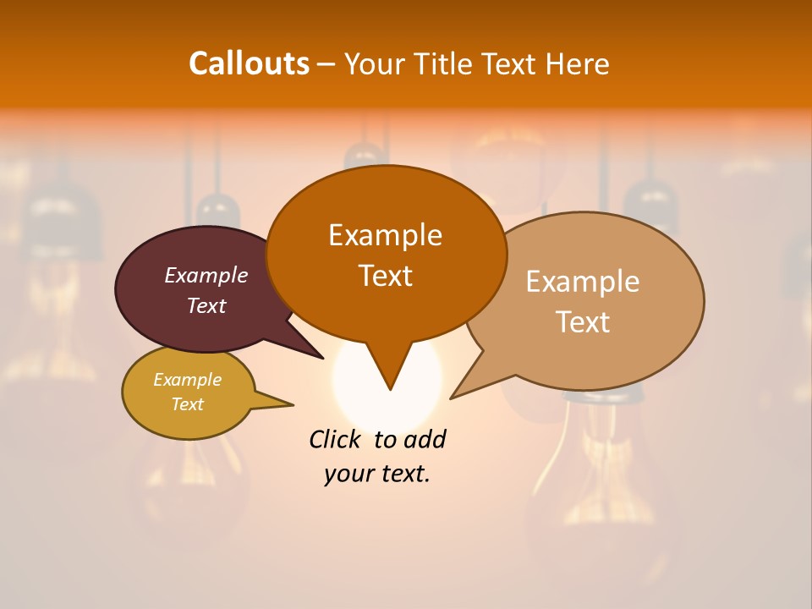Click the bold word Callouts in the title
(x=249, y=63)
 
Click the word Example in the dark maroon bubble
(x=206, y=275)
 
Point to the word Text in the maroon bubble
(x=206, y=305)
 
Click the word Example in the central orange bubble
(x=385, y=235)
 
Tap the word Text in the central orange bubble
(x=385, y=275)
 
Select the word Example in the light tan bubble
(x=583, y=282)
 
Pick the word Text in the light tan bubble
(x=583, y=321)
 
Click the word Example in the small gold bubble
(x=188, y=380)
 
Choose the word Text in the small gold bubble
(x=188, y=404)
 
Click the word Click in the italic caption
(x=335, y=439)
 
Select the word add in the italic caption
(x=424, y=439)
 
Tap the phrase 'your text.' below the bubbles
(x=377, y=474)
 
